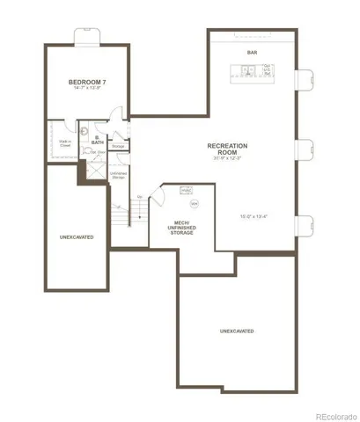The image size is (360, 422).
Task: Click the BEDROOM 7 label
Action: pyautogui.click(x=86, y=82)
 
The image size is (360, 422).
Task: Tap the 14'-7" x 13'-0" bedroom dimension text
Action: pyautogui.click(x=86, y=89)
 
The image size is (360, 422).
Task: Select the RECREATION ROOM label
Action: pyautogui.click(x=226, y=149)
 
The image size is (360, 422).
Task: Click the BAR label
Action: pyautogui.click(x=252, y=51)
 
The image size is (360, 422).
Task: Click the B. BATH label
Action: pyautogui.click(x=98, y=140)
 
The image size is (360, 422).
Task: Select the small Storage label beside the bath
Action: pyautogui.click(x=118, y=146)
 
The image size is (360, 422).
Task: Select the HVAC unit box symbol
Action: pyautogui.click(x=187, y=190)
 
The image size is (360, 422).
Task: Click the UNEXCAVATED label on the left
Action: pyautogui.click(x=77, y=237)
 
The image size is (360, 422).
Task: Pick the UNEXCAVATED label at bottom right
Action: pyautogui.click(x=237, y=331)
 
